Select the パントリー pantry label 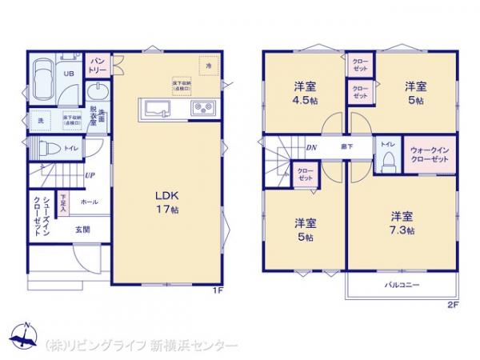(98, 64)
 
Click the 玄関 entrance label (83, 230)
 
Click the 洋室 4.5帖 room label (303, 94)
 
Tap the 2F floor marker (452, 305)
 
